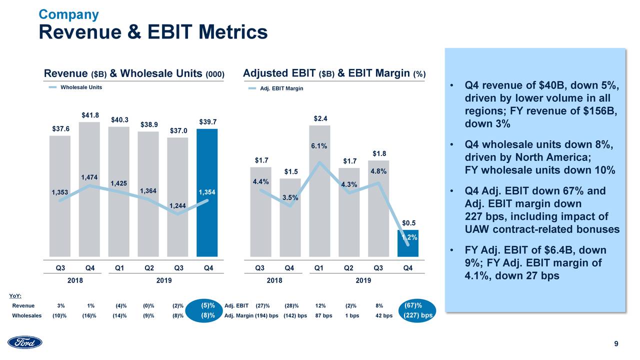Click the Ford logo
click(x=25, y=342)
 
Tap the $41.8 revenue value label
click(x=90, y=115)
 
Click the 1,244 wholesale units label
click(x=177, y=206)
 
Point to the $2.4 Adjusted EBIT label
click(x=320, y=118)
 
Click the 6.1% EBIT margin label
click(x=319, y=146)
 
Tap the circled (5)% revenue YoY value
click(x=208, y=305)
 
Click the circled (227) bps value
click(x=417, y=315)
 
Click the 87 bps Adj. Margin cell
click(x=323, y=315)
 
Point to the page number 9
click(x=616, y=343)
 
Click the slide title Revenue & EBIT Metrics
click(x=153, y=32)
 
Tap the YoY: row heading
click(x=16, y=296)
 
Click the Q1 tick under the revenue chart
click(x=119, y=268)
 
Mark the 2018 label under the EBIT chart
click(x=274, y=280)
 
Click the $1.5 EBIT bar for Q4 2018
click(x=290, y=217)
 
